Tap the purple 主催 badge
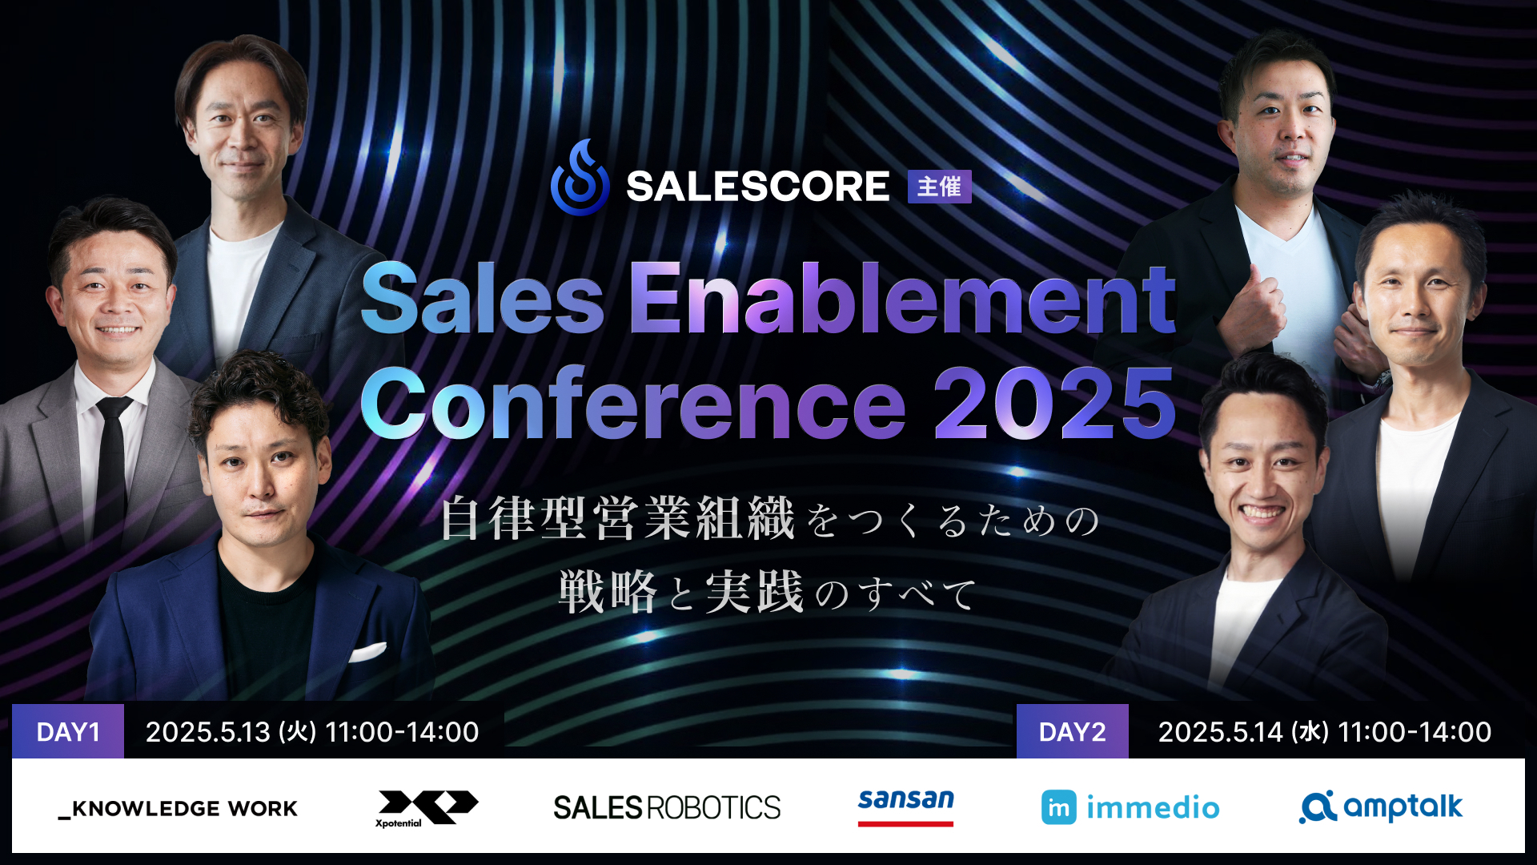coord(939,187)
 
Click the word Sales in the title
coord(483,300)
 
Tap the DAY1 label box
coord(68,731)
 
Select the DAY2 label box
coord(1072,731)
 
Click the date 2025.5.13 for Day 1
coord(208,732)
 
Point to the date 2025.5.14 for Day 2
coord(1221,732)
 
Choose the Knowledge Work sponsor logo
coord(178,809)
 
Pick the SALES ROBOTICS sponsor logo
coord(667,807)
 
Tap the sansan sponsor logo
coord(905,806)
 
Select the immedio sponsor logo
coord(1130,807)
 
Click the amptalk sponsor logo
coord(1381,807)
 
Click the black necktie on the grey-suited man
coord(111,465)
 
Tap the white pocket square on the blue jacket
coord(367,652)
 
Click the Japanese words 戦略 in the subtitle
coord(608,593)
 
